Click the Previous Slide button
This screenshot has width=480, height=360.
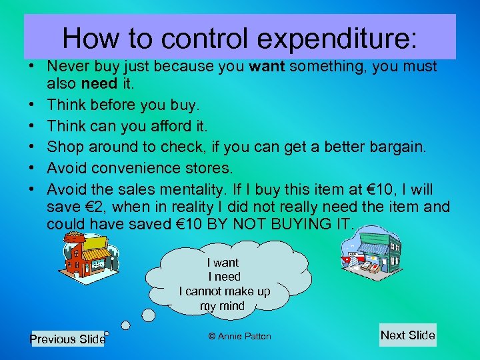(67, 339)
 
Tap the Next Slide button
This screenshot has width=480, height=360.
(407, 335)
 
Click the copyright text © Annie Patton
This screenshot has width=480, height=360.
(240, 336)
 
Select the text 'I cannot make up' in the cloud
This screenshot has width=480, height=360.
(225, 291)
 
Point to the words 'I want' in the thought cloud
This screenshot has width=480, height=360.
(223, 263)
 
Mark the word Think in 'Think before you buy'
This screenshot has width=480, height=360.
(66, 105)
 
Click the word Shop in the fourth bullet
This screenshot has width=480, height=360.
(64, 146)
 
